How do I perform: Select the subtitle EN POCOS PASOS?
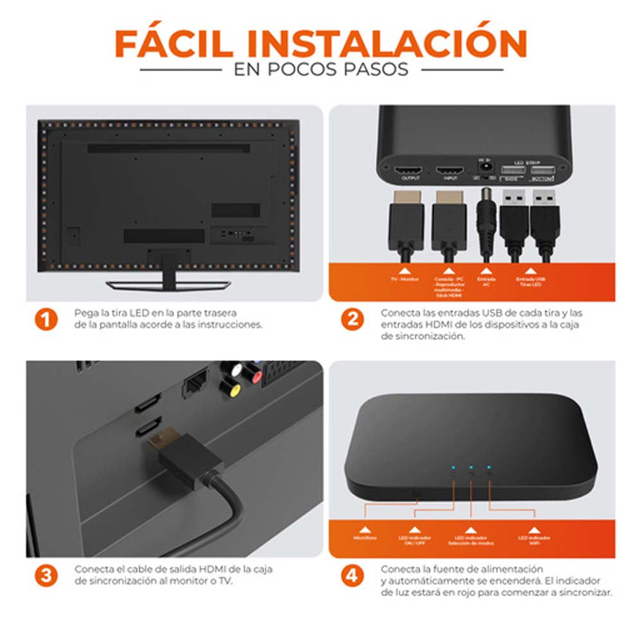point(321,69)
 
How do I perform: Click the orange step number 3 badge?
point(46,575)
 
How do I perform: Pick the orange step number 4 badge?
point(351,575)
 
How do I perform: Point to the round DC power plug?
point(487,222)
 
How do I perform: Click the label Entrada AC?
point(486,283)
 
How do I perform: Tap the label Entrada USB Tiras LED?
point(530,283)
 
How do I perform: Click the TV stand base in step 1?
point(168,284)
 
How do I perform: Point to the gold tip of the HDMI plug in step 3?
point(158,442)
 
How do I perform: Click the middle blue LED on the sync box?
point(471,468)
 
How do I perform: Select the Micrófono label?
point(365,538)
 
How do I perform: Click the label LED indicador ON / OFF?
point(415,541)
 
